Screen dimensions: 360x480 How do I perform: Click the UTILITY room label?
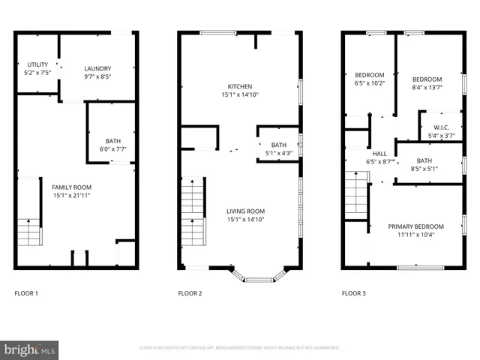38,64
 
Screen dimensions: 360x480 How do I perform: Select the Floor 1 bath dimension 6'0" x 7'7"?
112,149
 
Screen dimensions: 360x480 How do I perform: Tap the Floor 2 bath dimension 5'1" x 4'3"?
278,154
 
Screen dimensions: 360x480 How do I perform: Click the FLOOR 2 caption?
190,294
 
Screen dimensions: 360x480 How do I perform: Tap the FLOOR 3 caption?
353,294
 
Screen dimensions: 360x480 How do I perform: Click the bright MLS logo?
30,349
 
